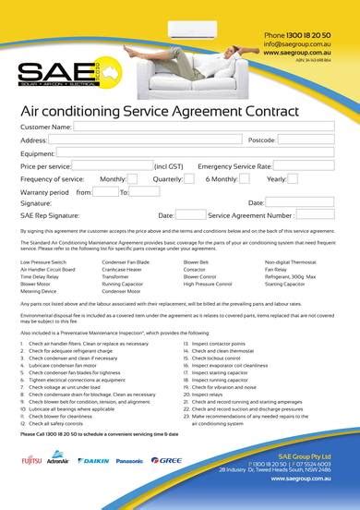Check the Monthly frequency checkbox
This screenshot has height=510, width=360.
point(132,178)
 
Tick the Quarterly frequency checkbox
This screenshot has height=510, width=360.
point(188,178)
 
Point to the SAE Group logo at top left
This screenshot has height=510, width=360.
point(47,74)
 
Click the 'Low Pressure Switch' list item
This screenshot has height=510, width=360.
point(42,262)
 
